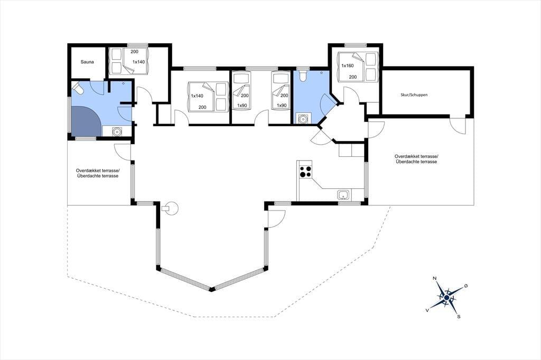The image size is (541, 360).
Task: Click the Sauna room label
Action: click(x=87, y=62)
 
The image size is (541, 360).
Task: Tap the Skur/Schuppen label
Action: click(x=414, y=95)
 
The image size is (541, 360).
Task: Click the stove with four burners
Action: click(x=305, y=172)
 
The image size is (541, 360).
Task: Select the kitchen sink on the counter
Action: click(x=343, y=195)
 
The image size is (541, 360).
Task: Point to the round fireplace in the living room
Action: click(x=171, y=208)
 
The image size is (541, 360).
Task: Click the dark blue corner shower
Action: click(x=86, y=121)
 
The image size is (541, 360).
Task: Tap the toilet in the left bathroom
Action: click(x=78, y=88)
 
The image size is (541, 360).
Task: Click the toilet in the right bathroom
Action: click(x=303, y=76)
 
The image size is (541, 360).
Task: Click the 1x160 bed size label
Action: click(x=348, y=65)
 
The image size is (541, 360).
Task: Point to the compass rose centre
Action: click(x=446, y=297)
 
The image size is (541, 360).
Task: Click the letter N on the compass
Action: click(x=435, y=278)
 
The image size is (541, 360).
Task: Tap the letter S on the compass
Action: click(x=459, y=316)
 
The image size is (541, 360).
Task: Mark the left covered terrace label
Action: click(x=98, y=173)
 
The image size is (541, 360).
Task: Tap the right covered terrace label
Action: click(x=416, y=159)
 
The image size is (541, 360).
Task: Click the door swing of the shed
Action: click(x=458, y=126)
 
